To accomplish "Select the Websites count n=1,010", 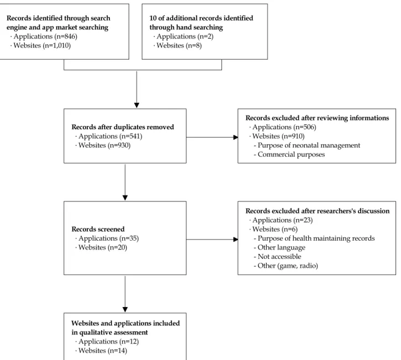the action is pos(56,45).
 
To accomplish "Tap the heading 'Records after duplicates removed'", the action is pos(123,127).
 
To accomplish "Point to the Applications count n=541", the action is pos(131,136).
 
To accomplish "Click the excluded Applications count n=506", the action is pos(305,127).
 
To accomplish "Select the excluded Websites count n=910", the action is pos(293,136).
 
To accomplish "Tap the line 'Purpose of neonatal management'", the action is pos(309,145).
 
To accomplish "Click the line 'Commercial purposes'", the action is pos(291,155).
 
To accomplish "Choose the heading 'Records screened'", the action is pos(98,229).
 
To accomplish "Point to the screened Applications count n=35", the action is pos(129,239).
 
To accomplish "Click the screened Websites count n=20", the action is pos(118,247).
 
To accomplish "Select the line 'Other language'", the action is pos(281,247).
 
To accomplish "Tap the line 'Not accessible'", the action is pos(279,256).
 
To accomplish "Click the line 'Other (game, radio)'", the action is pos(288,266).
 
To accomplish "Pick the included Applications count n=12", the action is pos(129,342).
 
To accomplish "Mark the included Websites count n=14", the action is pos(118,351).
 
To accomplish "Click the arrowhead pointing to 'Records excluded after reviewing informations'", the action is pos(235,137).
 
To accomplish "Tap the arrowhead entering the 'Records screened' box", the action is pos(125,198).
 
